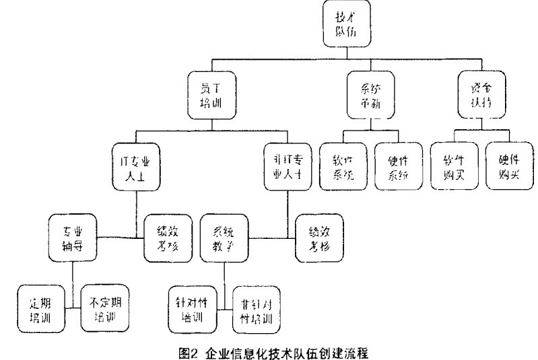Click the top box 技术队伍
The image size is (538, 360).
tap(346, 24)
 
